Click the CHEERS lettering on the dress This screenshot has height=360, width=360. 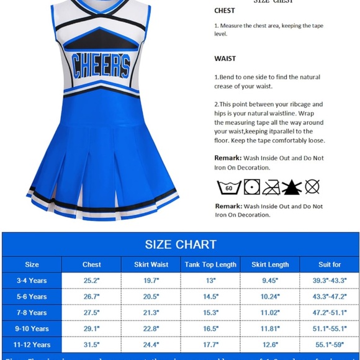[101, 65]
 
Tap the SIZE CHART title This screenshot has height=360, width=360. [181, 244]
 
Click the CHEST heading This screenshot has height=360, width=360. [224, 11]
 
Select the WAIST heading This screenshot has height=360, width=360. [225, 59]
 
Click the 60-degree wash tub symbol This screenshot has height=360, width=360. [228, 186]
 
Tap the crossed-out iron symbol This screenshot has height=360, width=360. [271, 186]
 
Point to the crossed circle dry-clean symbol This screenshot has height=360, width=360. [312, 186]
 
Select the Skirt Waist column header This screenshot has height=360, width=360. [151, 264]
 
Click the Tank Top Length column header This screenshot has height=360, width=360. [210, 264]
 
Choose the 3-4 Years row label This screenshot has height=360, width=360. [32, 281]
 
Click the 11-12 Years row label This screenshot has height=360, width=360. [32, 344]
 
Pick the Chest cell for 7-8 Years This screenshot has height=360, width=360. [91, 313]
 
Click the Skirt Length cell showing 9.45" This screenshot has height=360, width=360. [270, 281]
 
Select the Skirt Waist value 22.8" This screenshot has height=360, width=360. [151, 329]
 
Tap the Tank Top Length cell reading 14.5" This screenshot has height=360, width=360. [210, 297]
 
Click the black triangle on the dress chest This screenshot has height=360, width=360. [101, 36]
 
